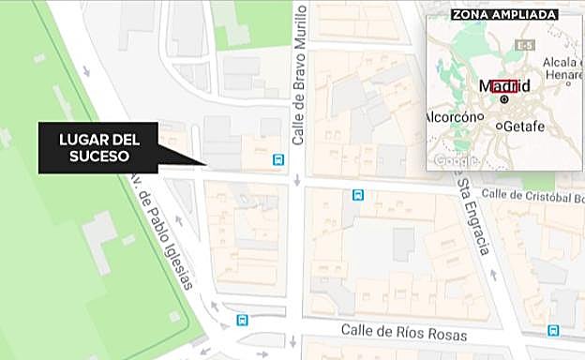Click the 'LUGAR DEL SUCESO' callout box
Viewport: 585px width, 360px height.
98,148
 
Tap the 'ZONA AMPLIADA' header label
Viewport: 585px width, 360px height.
504,14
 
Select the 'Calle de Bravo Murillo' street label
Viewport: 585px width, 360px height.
300,76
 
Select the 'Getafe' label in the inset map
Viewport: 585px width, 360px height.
525,125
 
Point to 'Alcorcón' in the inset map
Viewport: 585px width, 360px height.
452,119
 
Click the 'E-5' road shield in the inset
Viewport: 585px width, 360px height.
525,45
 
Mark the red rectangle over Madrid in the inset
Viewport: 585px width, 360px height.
504,86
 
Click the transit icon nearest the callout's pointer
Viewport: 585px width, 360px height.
277,159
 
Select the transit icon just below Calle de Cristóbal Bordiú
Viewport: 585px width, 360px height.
357,195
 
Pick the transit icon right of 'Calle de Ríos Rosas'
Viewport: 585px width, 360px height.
553,330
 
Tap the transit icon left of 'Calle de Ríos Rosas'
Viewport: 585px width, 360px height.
242,319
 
